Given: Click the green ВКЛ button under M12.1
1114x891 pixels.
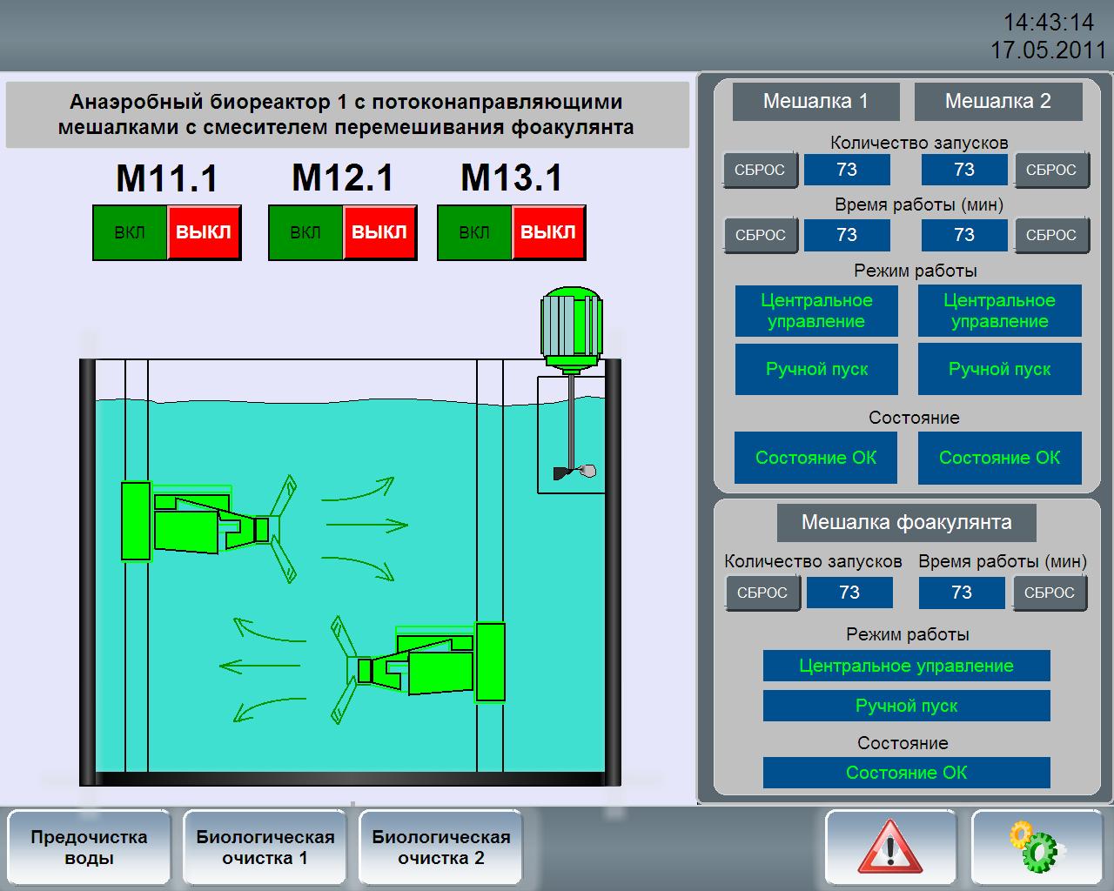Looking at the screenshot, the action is (305, 232).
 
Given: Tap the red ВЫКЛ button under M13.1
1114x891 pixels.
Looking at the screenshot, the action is (548, 232).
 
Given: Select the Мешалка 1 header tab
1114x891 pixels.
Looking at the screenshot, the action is (815, 102).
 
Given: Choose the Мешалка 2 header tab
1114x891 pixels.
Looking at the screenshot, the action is (998, 102).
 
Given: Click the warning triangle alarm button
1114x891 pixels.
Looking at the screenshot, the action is (889, 847).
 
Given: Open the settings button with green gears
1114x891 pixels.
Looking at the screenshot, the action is (1037, 847).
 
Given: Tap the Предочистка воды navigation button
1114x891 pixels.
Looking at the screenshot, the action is (89, 847).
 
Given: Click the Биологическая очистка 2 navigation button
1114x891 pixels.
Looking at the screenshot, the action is (441, 847).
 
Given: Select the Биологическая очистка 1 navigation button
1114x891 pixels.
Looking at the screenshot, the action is (265, 847).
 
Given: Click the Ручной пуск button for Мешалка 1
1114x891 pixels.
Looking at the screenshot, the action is (816, 369).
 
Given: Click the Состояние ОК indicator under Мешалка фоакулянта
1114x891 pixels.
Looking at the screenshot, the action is (906, 773).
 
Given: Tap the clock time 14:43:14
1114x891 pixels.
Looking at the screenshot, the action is (1049, 23).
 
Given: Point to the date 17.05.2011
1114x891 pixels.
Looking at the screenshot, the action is (1048, 50).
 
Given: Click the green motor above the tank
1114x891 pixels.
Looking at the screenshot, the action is (572, 330).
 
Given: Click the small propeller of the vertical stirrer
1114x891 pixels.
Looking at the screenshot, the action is (575, 471).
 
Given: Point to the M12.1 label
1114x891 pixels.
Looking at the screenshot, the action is (343, 178).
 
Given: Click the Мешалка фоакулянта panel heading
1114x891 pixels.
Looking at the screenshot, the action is (906, 522).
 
